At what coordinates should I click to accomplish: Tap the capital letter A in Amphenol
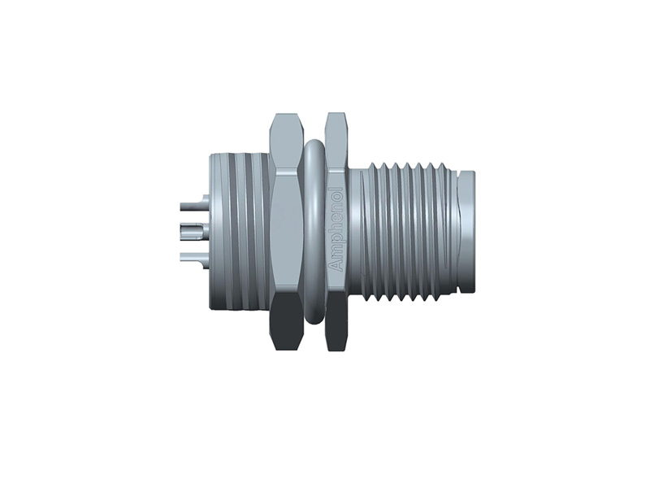[336, 269]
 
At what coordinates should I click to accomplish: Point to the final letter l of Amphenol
[336, 191]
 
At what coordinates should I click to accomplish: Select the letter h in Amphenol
[336, 233]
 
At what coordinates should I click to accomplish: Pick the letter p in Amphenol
[336, 243]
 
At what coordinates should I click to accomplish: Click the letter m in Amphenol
[336, 256]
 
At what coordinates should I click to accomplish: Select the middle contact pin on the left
[191, 229]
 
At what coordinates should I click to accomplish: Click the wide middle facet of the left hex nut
[287, 232]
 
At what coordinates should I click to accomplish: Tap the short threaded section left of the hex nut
[240, 232]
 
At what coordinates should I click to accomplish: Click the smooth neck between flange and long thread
[357, 232]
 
